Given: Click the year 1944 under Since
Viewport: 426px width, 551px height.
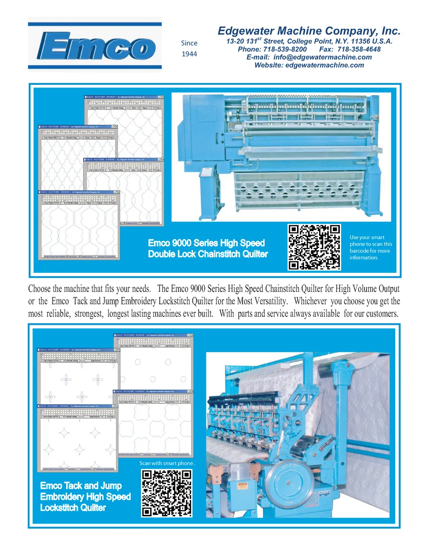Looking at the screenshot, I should (189, 54).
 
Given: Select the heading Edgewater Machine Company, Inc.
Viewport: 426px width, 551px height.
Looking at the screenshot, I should (309, 31).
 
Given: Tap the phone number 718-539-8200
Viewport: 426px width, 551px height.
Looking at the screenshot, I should (285, 49).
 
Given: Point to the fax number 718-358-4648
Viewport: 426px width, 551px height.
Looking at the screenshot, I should (359, 49).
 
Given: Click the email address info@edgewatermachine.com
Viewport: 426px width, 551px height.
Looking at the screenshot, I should (322, 57).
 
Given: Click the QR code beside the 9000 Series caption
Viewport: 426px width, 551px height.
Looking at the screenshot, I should (314, 247).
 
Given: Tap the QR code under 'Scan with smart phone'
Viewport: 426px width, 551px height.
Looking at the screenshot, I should (166, 493).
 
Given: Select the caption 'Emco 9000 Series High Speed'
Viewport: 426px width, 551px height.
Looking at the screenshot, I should (206, 243).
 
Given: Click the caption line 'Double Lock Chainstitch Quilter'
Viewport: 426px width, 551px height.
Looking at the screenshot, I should (208, 254).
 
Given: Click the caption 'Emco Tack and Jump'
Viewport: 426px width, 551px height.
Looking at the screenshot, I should (81, 486).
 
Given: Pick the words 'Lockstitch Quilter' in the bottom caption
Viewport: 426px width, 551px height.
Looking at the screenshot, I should (73, 508).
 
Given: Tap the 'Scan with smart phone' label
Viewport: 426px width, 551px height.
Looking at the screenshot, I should (166, 463).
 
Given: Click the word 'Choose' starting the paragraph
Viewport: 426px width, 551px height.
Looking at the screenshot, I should (39, 289).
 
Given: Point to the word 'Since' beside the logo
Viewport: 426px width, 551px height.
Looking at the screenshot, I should (189, 43).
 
